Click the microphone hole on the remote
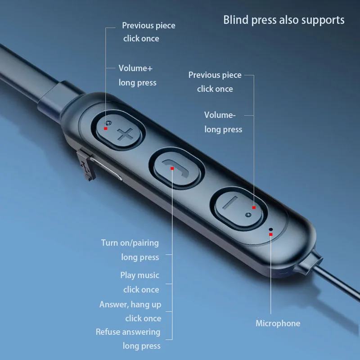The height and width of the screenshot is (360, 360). click(270, 229)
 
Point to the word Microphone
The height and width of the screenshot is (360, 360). click(278, 323)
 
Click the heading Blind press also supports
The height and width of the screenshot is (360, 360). click(283, 20)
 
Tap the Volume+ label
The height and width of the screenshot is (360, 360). click(135, 68)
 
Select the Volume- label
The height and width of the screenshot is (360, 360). click(220, 115)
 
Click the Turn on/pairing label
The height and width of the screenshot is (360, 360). click(130, 243)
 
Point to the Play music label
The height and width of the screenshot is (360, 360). click(139, 275)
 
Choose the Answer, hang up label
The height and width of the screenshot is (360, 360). click(130, 304)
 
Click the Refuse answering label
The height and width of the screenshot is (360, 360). click(128, 332)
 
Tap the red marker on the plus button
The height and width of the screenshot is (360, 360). click(105, 128)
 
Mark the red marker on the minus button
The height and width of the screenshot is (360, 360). click(254, 207)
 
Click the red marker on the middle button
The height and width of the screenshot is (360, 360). click(171, 168)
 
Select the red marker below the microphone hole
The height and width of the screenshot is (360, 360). click(270, 234)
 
